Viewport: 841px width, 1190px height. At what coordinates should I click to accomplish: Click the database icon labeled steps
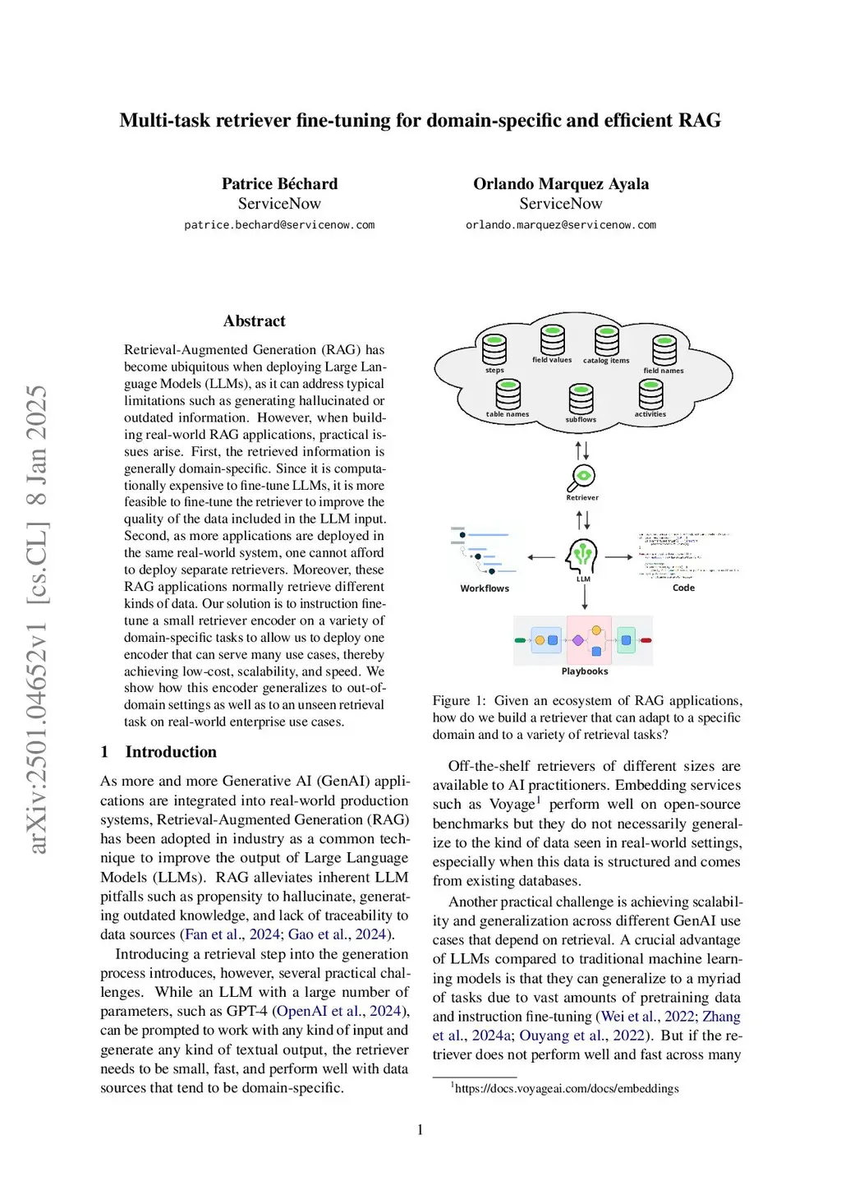pyautogui.click(x=494, y=349)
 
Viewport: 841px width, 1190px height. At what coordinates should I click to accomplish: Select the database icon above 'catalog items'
pyautogui.click(x=607, y=340)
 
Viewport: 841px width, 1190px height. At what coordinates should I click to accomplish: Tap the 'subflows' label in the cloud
pyautogui.click(x=581, y=420)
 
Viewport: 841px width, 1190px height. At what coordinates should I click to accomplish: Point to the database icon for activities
pyautogui.click(x=650, y=394)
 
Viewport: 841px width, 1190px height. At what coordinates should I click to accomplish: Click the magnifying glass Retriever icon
pyautogui.click(x=582, y=476)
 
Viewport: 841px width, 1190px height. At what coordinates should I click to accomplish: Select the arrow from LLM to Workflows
pyautogui.click(x=541, y=557)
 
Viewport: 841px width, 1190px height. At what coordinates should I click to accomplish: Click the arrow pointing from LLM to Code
pyautogui.click(x=619, y=557)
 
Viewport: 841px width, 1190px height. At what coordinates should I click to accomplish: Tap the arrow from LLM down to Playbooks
pyautogui.click(x=584, y=597)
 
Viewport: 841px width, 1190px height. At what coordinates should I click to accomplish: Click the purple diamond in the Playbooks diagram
pyautogui.click(x=578, y=640)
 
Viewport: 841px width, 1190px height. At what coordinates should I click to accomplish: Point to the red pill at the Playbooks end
pyautogui.click(x=646, y=640)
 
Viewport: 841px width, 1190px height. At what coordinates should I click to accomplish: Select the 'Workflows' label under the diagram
pyautogui.click(x=485, y=588)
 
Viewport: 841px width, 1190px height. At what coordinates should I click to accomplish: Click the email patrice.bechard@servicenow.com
pyautogui.click(x=279, y=225)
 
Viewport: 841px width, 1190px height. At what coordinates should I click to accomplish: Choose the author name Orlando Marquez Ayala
pyautogui.click(x=561, y=183)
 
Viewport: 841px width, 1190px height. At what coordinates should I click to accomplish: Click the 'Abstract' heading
pyautogui.click(x=255, y=321)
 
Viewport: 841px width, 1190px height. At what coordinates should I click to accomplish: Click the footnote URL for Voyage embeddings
pyautogui.click(x=567, y=1088)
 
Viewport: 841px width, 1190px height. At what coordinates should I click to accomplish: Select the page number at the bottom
pyautogui.click(x=420, y=1130)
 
